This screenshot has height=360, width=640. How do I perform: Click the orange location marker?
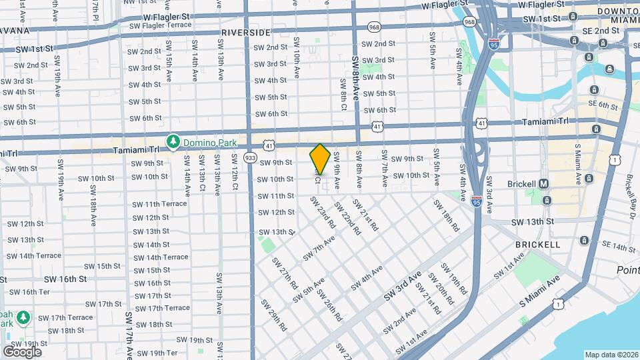point(320,159)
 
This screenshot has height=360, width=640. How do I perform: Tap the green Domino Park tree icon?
point(173,141)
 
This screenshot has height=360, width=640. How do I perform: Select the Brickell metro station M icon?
point(544,183)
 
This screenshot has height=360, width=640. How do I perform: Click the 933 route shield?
point(250,157)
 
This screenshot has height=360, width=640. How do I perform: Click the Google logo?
point(22,351)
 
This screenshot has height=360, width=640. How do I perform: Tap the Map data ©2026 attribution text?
point(611,355)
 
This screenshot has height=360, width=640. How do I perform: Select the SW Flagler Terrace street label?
point(160,25)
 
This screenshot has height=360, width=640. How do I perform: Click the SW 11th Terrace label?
point(159,204)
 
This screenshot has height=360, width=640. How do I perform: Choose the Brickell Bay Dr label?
point(631,190)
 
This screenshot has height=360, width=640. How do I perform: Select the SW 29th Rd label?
point(273,315)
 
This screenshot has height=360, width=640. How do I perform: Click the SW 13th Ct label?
point(201,171)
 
